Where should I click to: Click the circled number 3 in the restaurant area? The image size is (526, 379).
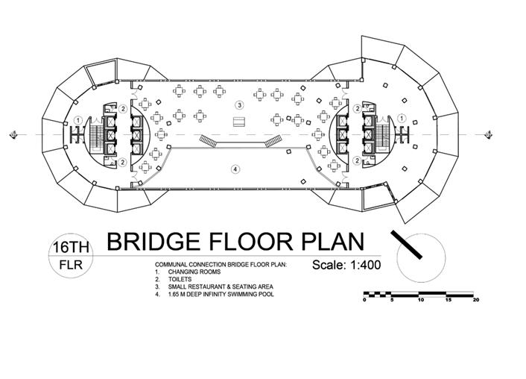(x=239, y=105)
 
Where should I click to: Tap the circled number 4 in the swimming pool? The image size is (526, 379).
(x=235, y=169)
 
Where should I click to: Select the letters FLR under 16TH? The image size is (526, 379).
(x=68, y=266)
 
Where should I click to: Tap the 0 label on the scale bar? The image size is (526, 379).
(x=364, y=300)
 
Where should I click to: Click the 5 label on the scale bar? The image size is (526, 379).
(x=392, y=300)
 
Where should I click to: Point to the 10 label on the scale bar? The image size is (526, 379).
(x=420, y=300)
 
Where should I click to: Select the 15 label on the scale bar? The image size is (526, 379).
(x=448, y=300)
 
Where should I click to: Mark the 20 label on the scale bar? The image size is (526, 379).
(x=476, y=300)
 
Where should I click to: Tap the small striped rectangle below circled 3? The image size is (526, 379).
(x=239, y=122)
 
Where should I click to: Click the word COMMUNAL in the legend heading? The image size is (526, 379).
(x=174, y=265)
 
